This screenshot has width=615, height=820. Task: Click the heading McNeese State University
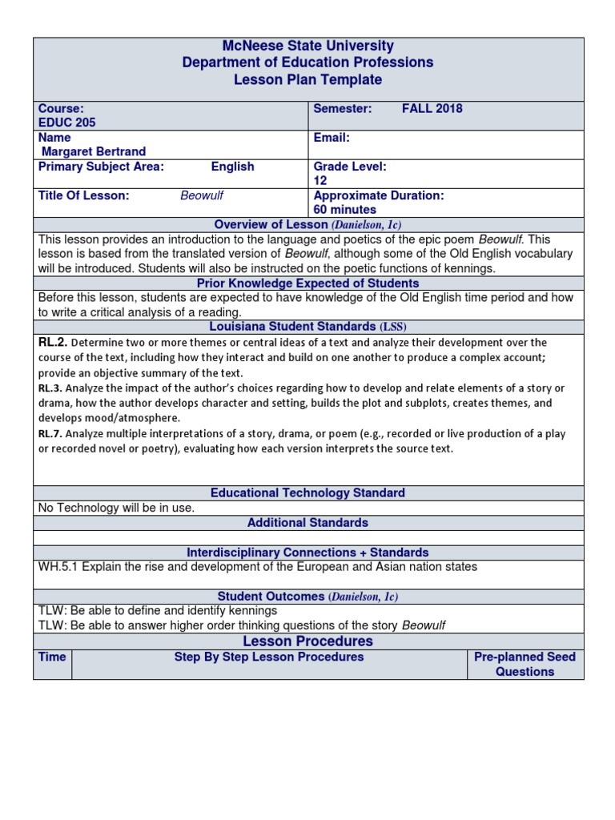pyautogui.click(x=308, y=46)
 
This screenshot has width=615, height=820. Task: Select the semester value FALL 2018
pyautogui.click(x=432, y=109)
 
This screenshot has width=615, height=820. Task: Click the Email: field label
pyautogui.click(x=332, y=138)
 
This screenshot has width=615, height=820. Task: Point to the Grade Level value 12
pyautogui.click(x=320, y=181)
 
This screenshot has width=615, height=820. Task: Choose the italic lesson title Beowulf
pyautogui.click(x=201, y=195)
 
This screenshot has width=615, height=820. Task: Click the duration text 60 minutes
pyautogui.click(x=345, y=210)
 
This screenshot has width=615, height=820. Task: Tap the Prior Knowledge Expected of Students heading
pyautogui.click(x=308, y=283)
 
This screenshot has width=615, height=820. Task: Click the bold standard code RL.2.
pyautogui.click(x=53, y=343)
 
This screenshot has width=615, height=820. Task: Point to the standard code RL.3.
pyautogui.click(x=50, y=388)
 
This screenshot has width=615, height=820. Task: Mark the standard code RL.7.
pyautogui.click(x=50, y=434)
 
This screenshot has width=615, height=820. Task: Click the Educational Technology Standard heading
pyautogui.click(x=308, y=492)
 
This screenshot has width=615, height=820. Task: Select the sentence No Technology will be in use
pyautogui.click(x=117, y=508)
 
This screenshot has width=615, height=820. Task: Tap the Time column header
pyautogui.click(x=52, y=657)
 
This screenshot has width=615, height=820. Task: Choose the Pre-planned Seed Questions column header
pyautogui.click(x=525, y=664)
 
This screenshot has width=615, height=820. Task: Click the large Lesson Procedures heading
pyautogui.click(x=308, y=641)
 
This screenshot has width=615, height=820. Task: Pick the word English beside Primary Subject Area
pyautogui.click(x=232, y=167)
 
